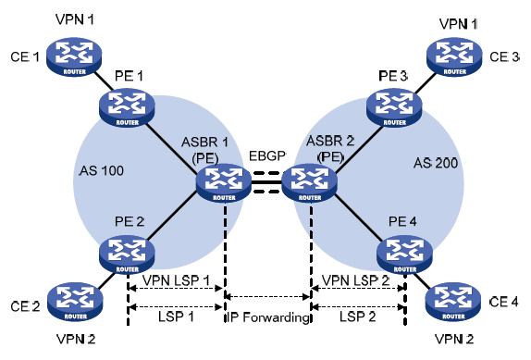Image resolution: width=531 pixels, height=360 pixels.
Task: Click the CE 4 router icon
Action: [452, 301]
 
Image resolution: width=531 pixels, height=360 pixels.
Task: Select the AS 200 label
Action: [435, 163]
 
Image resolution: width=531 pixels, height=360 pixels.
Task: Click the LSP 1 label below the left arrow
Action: [176, 317]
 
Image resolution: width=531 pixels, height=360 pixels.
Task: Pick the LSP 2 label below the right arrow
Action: [358, 317]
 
